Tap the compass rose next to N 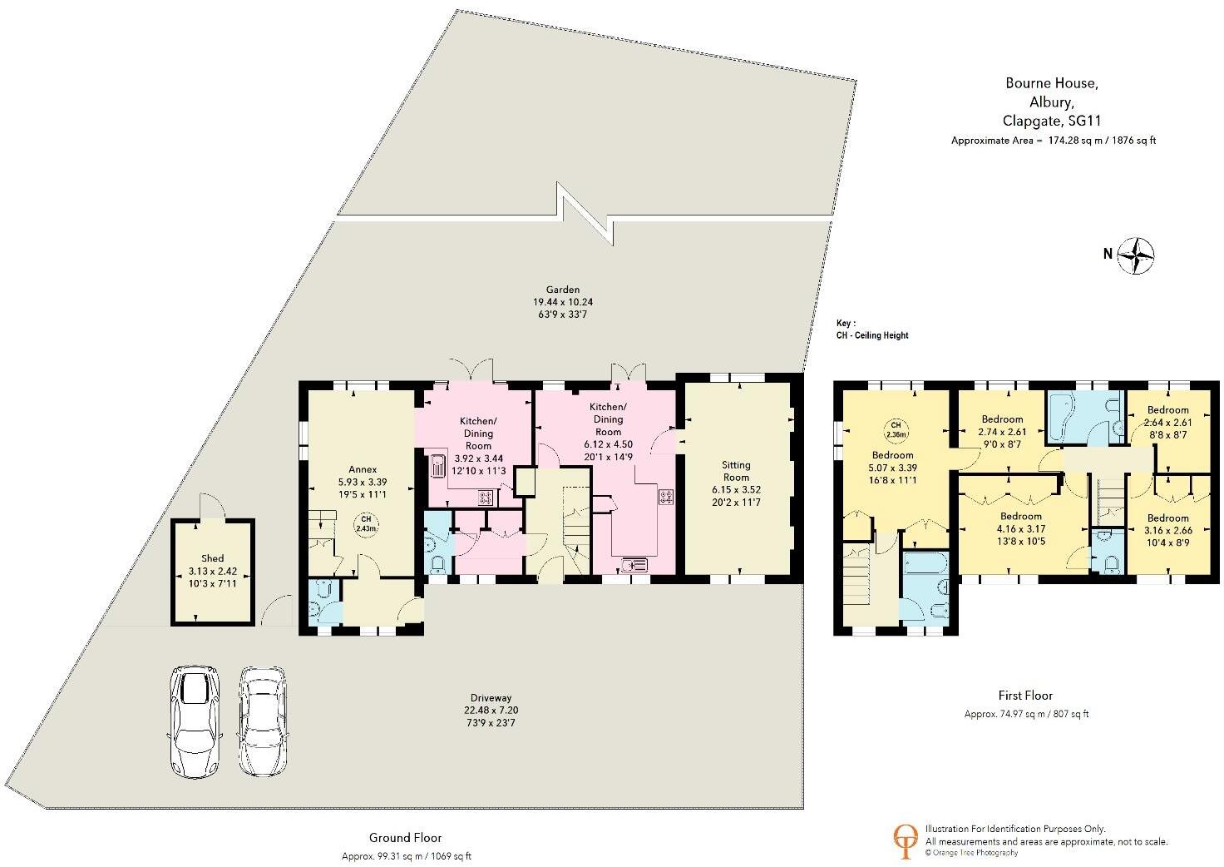1137,255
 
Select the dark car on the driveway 195,721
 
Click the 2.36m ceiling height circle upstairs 895,430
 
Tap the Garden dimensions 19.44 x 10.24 563,302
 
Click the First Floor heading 1025,695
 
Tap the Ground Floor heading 405,838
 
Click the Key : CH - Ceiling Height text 872,329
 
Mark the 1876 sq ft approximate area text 1132,141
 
